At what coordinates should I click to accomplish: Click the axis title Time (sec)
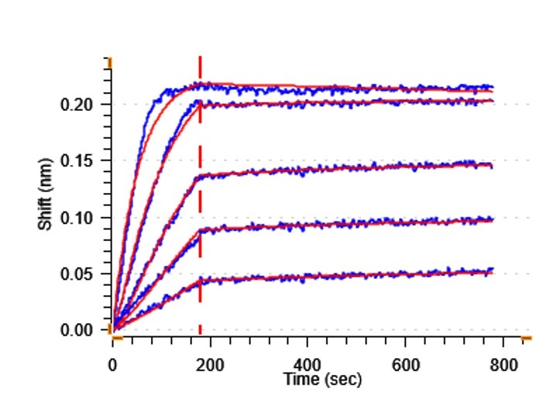click(x=322, y=380)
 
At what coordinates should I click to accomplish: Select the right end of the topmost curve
click(x=492, y=88)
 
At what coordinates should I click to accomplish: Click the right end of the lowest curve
click(x=492, y=270)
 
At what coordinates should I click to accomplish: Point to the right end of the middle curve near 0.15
click(x=492, y=164)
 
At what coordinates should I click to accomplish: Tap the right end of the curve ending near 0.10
click(x=492, y=219)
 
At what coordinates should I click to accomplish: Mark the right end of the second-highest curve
click(x=492, y=100)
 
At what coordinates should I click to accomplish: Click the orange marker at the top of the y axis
click(x=110, y=60)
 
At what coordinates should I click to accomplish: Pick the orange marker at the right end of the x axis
click(x=527, y=339)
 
